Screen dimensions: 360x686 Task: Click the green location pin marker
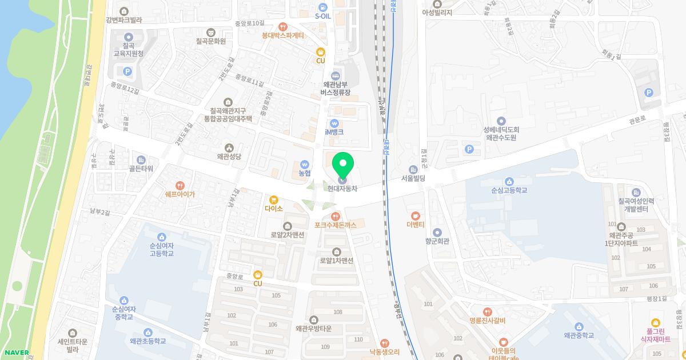point(343,166)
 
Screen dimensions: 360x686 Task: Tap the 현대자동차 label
point(342,189)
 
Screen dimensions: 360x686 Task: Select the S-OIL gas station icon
point(323,7)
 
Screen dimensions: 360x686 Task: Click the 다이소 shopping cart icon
point(274,199)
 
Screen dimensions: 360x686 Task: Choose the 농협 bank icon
point(305,163)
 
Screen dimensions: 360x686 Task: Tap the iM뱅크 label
point(334,132)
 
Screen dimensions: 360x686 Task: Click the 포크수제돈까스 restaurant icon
point(335,216)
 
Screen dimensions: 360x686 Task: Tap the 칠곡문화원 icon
point(211,33)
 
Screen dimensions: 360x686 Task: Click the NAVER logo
point(15,353)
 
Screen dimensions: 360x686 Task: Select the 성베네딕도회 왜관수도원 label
point(501,134)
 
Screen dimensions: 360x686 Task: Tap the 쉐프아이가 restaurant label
point(180,194)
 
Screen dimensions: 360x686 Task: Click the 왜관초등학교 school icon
point(147,332)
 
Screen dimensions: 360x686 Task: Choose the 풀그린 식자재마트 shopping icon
point(655,322)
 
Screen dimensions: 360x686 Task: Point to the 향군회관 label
point(437,241)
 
